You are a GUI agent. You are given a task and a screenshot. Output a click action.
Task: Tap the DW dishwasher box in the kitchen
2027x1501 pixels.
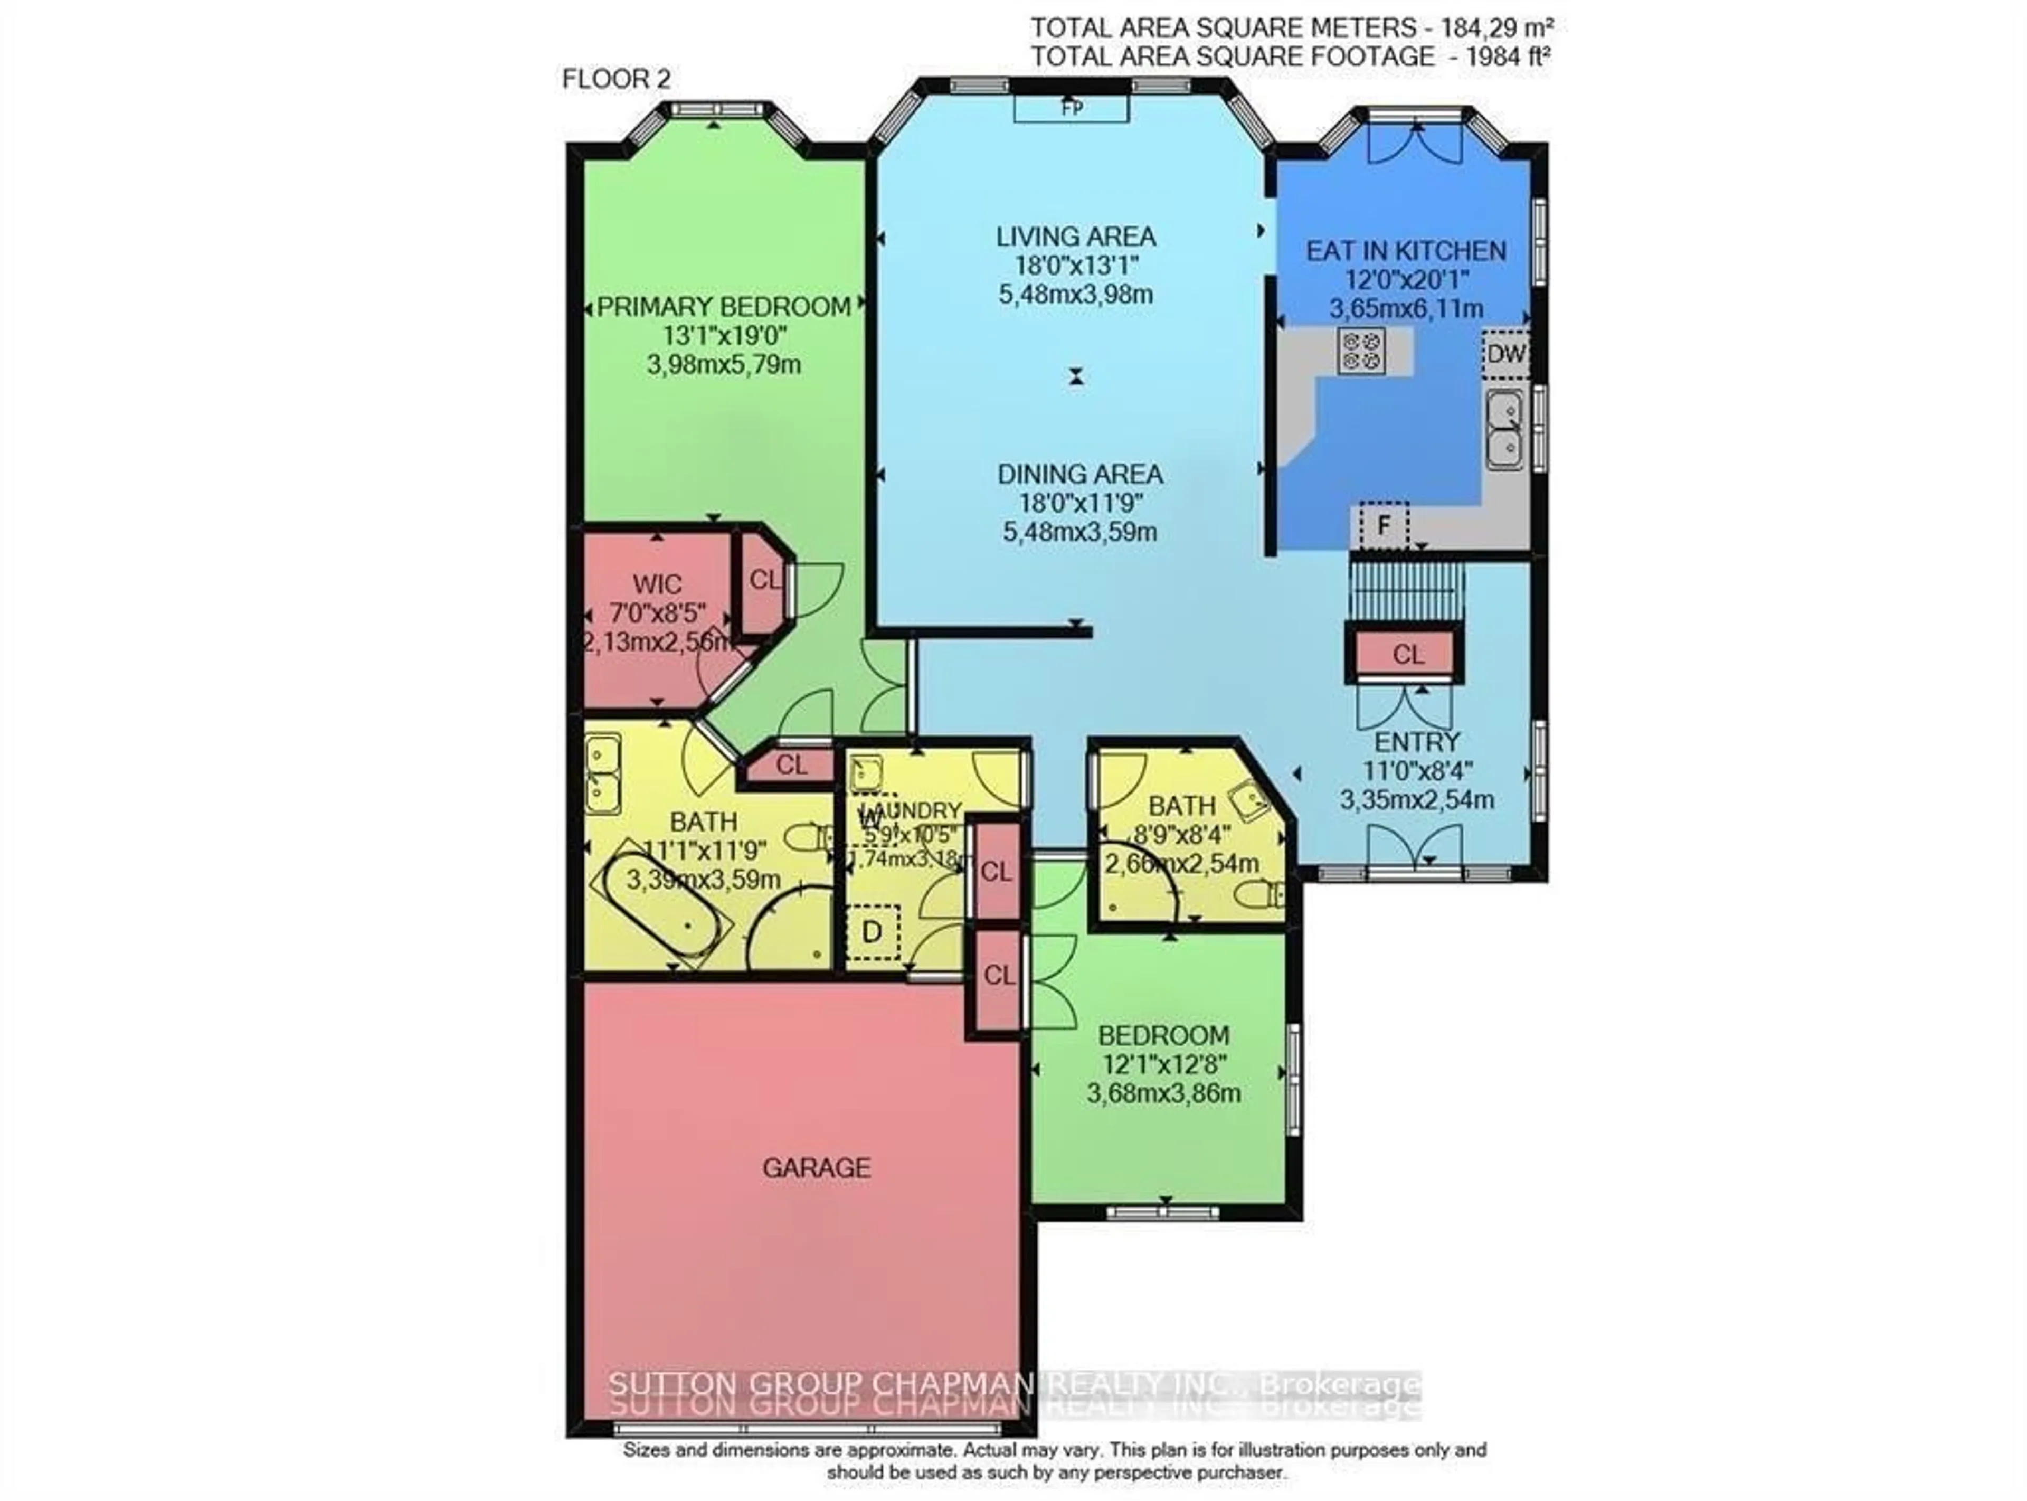point(1505,354)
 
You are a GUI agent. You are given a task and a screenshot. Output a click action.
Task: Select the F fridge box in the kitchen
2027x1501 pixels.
point(1383,525)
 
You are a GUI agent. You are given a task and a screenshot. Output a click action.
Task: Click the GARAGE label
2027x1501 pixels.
point(816,1167)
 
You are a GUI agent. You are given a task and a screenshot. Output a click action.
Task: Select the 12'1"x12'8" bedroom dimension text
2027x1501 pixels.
point(1162,1064)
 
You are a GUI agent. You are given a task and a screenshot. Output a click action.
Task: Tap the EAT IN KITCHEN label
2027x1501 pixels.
point(1406,251)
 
